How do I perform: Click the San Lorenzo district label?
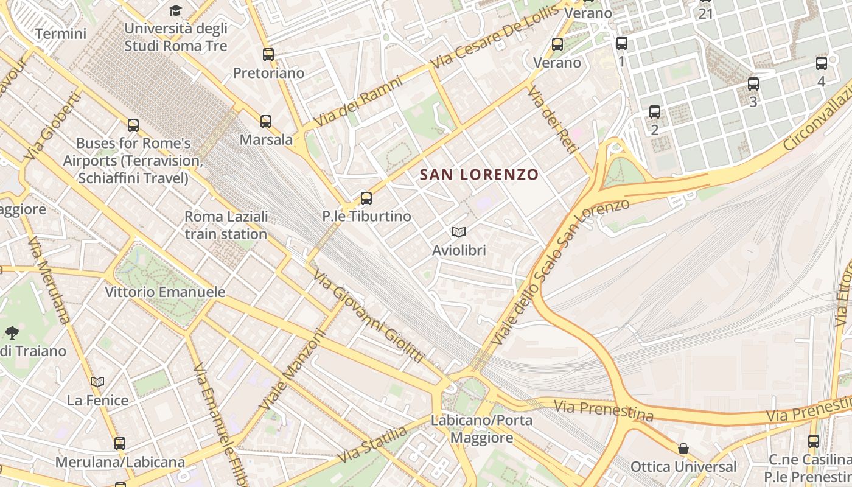[x=479, y=175]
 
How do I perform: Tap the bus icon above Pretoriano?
[x=268, y=54]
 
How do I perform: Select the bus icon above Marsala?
[x=266, y=121]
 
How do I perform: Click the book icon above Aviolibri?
[x=459, y=232]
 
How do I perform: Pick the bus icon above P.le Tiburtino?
[x=366, y=198]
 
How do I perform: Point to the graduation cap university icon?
[x=175, y=10]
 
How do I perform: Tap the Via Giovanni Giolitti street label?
[x=368, y=317]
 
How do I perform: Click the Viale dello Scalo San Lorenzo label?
[x=560, y=271]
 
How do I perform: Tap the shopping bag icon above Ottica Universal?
[x=683, y=449]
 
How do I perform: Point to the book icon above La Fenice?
[x=97, y=382]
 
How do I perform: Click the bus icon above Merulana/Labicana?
[x=120, y=443]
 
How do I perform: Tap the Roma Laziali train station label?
[x=226, y=225]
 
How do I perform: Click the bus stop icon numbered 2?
[x=655, y=111]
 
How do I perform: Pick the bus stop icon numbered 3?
[x=753, y=84]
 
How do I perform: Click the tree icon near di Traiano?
[x=12, y=332]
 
